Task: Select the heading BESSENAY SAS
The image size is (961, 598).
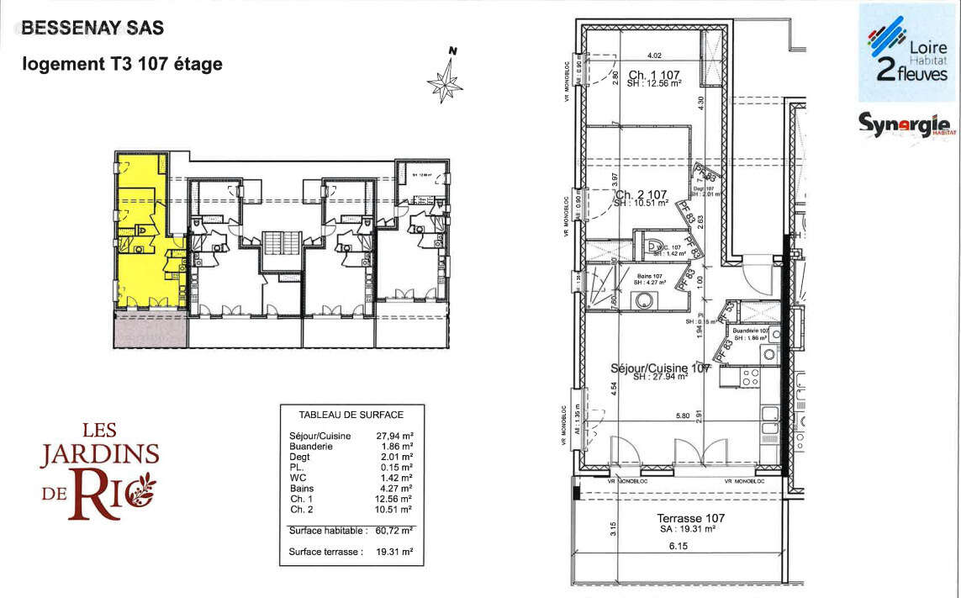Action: (x=92, y=27)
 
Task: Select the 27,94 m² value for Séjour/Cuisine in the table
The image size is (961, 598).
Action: (x=394, y=436)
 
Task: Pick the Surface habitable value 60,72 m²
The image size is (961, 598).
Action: (x=394, y=531)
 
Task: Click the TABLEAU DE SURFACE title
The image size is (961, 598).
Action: (x=351, y=415)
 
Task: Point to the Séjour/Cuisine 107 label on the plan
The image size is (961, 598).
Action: (x=660, y=368)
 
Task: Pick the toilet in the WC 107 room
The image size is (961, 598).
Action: (x=652, y=246)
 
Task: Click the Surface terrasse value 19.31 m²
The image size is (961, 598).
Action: (x=394, y=553)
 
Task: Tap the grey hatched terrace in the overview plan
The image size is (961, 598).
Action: (x=150, y=329)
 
